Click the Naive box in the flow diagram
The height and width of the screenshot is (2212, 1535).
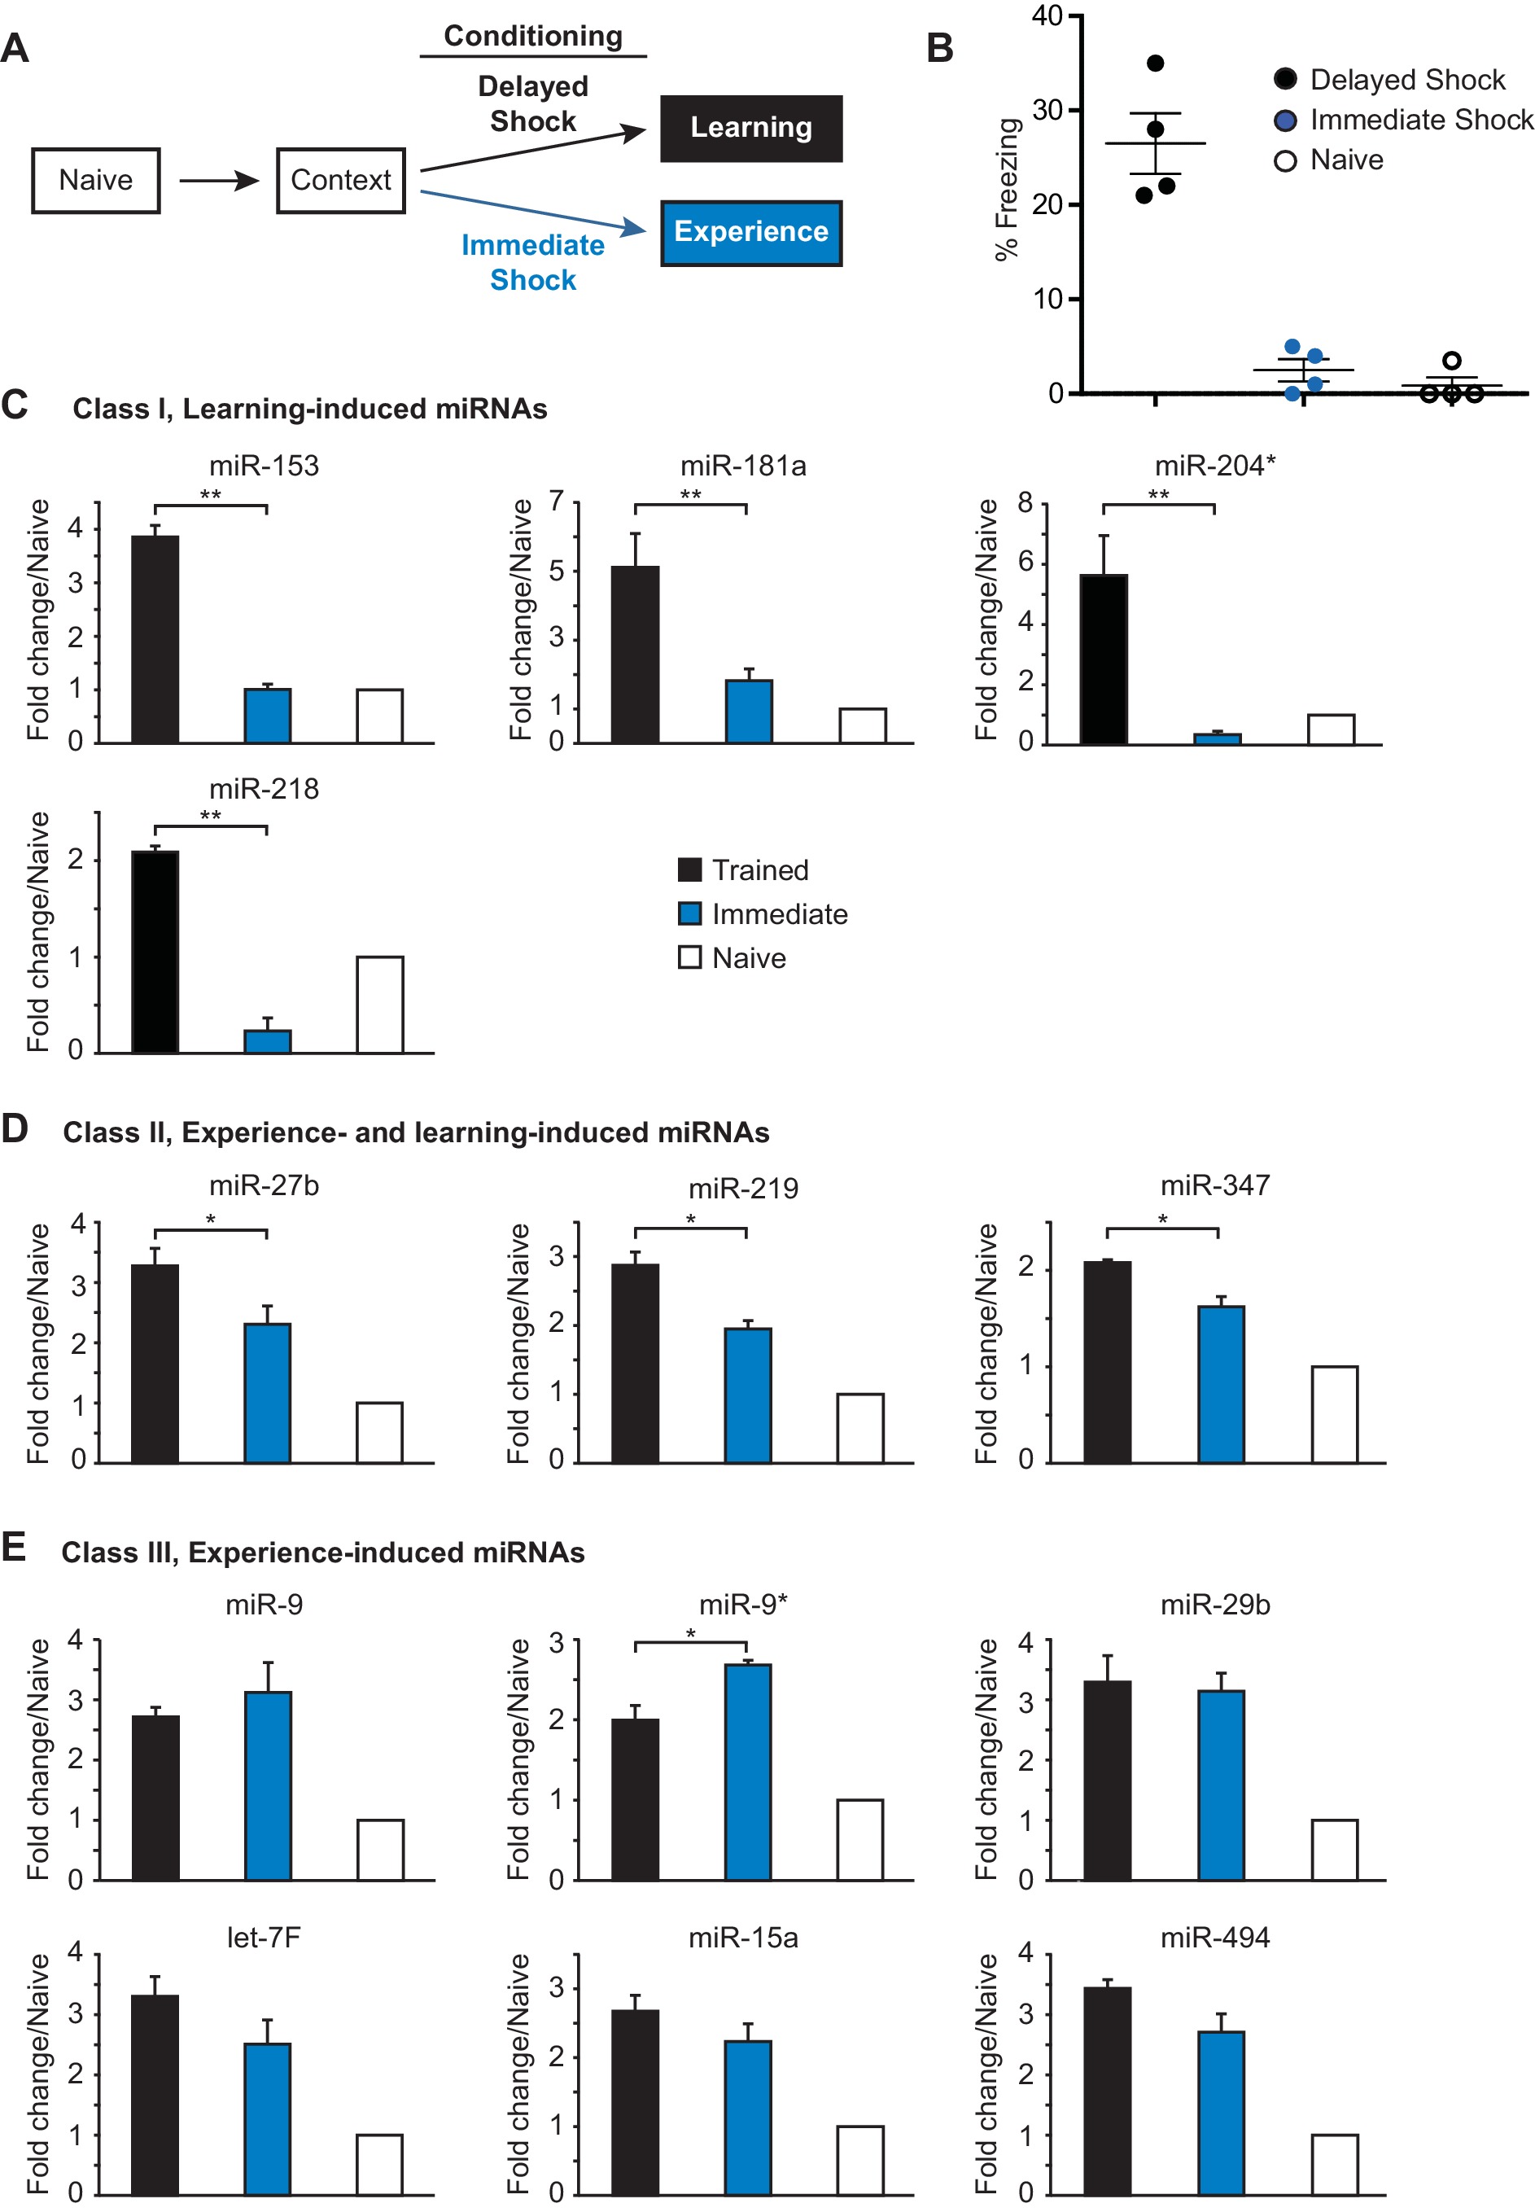(x=95, y=180)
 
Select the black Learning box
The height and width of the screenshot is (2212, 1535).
(x=750, y=128)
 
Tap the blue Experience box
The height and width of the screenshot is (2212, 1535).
(x=750, y=232)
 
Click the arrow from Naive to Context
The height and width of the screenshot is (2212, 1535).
(x=218, y=180)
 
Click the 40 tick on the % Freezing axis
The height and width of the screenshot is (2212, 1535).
(x=1047, y=15)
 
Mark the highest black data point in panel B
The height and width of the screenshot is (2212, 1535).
(x=1155, y=64)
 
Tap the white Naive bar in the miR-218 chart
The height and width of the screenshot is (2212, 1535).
(x=380, y=1004)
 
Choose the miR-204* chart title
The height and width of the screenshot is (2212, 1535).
(x=1214, y=466)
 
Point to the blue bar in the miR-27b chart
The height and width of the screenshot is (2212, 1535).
(x=268, y=1392)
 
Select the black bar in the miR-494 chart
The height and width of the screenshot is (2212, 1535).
(x=1107, y=2090)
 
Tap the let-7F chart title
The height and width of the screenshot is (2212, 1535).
(x=264, y=1937)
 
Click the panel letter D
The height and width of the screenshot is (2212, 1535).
(x=15, y=1128)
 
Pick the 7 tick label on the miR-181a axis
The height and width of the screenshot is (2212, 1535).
(x=556, y=502)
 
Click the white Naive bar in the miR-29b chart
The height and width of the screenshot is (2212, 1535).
(x=1334, y=1848)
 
